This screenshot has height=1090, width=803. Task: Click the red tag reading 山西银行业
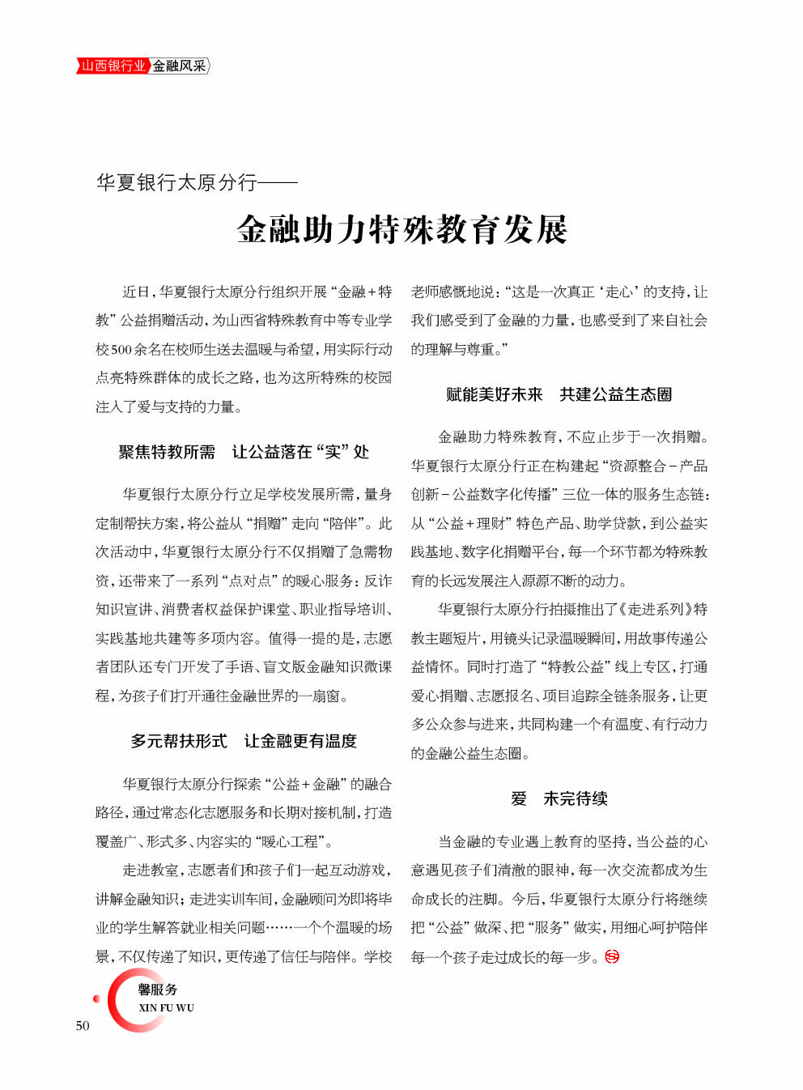pos(113,66)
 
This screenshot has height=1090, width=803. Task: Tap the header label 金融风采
pos(179,66)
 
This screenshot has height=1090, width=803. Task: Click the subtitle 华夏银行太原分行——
pos(197,182)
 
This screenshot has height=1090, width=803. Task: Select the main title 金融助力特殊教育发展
pos(401,230)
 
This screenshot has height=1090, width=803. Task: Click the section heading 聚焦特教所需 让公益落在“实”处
pos(243,452)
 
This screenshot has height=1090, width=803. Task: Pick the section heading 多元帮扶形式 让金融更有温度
pos(243,741)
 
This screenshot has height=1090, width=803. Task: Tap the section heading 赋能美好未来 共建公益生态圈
pos(559,394)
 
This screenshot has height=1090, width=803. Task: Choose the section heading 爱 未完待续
pos(559,798)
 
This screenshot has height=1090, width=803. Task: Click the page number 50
pos(83,1025)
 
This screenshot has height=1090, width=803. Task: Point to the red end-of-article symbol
pos(612,957)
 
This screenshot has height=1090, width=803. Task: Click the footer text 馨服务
pos(158,990)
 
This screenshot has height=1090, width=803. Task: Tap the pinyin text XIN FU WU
pos(166,1008)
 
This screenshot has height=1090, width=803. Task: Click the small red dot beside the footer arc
pos(97,998)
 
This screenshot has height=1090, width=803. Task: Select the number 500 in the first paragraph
pos(121,349)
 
